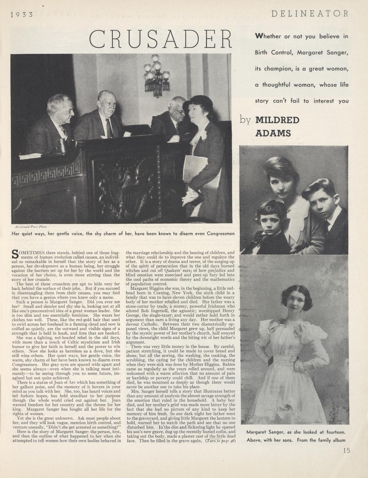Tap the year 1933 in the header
(x=22, y=15)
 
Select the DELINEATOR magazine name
(x=309, y=14)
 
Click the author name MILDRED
(x=277, y=120)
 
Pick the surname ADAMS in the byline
(x=273, y=133)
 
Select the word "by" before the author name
(x=245, y=120)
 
